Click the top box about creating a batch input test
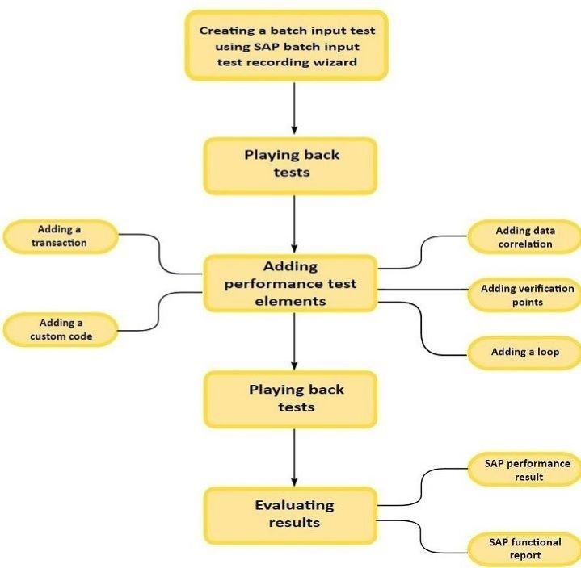tap(288, 46)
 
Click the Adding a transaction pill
tap(61, 236)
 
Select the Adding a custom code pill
tap(61, 330)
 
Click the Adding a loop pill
tap(524, 353)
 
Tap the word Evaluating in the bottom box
tap(282, 505)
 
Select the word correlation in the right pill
tap(525, 244)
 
